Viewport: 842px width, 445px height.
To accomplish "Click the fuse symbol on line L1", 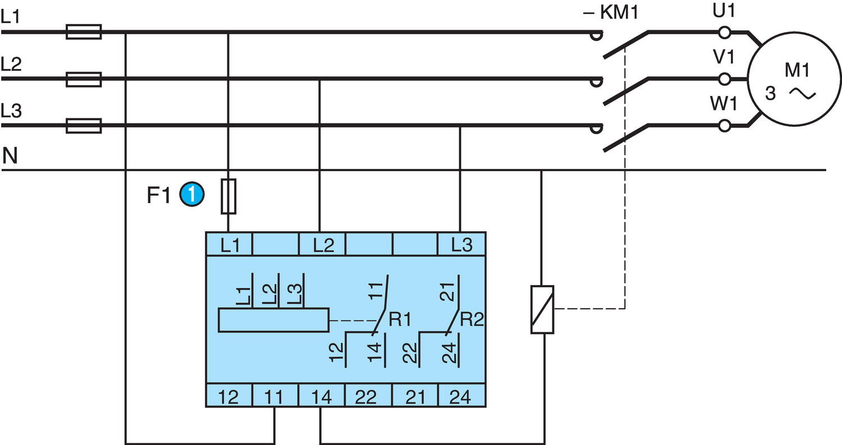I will click(84, 32).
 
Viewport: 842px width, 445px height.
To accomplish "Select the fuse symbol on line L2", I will click(84, 79).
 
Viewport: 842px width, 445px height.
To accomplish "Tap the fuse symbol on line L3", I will click(84, 126).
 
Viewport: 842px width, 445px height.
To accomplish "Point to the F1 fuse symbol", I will click(228, 196).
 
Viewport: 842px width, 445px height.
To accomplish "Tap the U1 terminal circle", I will click(725, 32).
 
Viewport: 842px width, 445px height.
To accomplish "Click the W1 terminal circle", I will click(725, 125).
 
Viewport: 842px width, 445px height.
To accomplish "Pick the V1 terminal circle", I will click(725, 79).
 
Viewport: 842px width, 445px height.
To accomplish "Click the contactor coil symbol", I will click(542, 309).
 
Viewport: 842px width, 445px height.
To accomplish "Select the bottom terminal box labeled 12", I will click(229, 396).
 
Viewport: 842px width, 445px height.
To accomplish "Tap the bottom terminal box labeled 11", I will click(274, 396).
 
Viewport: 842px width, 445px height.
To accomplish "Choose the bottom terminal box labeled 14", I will click(321, 396).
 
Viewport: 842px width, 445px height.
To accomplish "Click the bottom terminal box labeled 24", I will click(461, 396).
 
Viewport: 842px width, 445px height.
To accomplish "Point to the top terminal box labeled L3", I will click(461, 244).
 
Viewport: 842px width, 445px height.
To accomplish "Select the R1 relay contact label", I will click(400, 320).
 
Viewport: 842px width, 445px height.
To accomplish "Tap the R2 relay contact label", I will click(472, 320).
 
